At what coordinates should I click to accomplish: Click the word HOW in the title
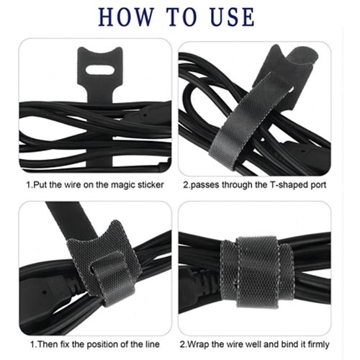(x=126, y=17)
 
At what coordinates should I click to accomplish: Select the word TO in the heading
(x=181, y=17)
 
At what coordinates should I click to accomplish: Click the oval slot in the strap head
(x=100, y=70)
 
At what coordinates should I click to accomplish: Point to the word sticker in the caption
(x=150, y=185)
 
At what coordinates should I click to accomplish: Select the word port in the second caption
(x=318, y=186)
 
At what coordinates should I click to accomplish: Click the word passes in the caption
(x=204, y=186)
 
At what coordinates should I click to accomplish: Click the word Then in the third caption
(x=48, y=344)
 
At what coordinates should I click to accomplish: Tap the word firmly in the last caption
(x=318, y=345)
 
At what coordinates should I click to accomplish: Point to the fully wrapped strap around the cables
(x=257, y=272)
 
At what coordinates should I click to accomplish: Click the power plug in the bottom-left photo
(x=48, y=292)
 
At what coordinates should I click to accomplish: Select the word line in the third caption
(x=152, y=344)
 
